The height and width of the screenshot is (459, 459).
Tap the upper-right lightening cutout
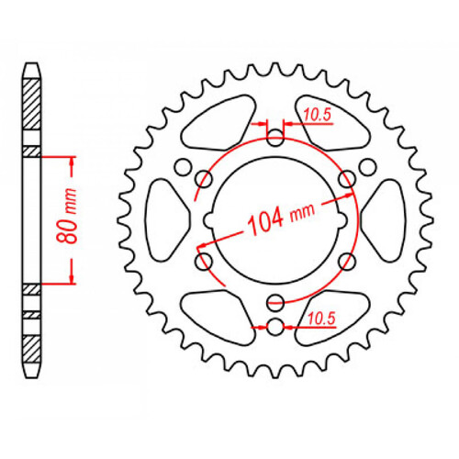[336, 129]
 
